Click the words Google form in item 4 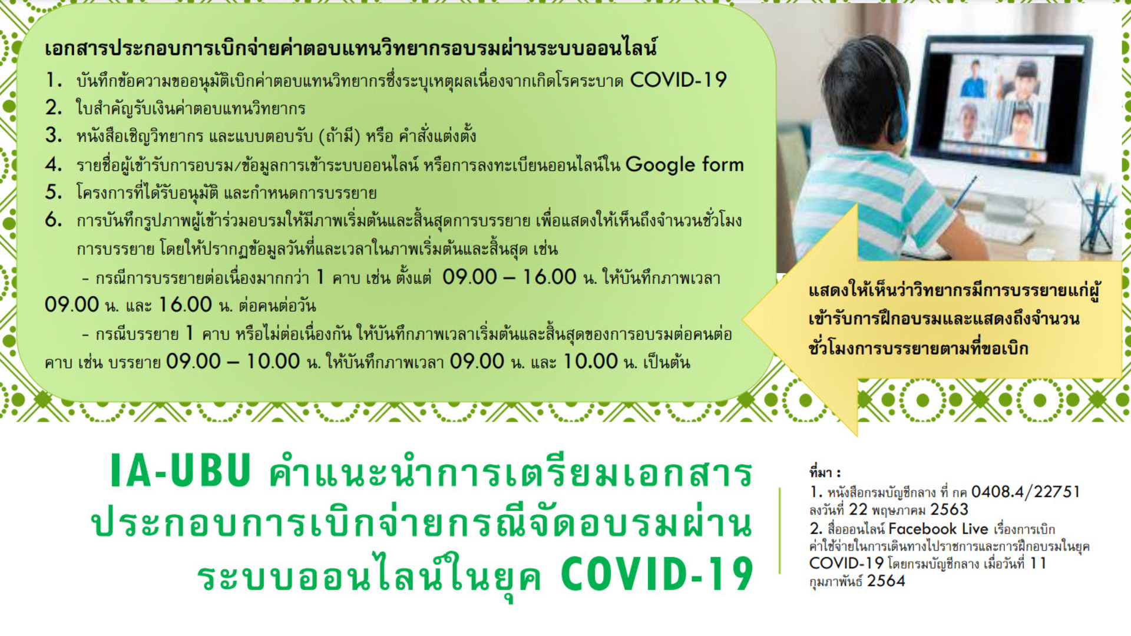coord(684,165)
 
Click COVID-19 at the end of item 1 coord(679,79)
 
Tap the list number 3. coord(54,135)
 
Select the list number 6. coord(54,220)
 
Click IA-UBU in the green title coord(181,471)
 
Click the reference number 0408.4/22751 coord(1026,492)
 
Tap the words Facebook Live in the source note coord(938,529)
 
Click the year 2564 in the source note coord(886,581)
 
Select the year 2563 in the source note coord(949,509)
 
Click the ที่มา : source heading coord(825,472)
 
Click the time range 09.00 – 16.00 coord(509,277)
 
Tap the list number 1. coord(54,79)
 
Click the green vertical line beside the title coord(779,531)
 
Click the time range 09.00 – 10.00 coord(233,362)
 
